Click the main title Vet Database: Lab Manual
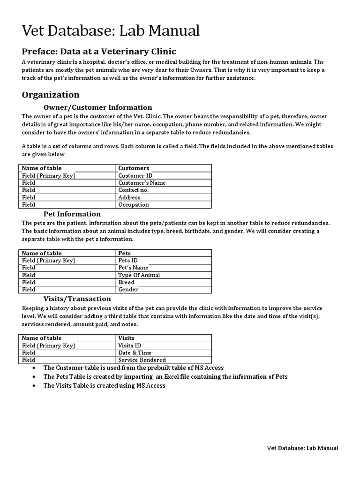[111, 31]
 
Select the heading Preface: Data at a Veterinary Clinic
[99, 51]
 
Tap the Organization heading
[51, 95]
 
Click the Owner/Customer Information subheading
[97, 107]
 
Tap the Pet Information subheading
[72, 214]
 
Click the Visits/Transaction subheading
[77, 299]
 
